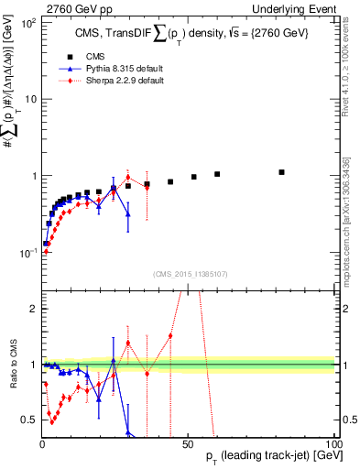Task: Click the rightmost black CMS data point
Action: click(x=282, y=172)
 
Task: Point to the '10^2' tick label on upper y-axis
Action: click(x=28, y=22)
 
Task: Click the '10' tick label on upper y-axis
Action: click(x=30, y=99)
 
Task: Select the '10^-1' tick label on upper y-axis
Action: click(x=27, y=253)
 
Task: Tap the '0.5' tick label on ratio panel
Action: click(x=30, y=420)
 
